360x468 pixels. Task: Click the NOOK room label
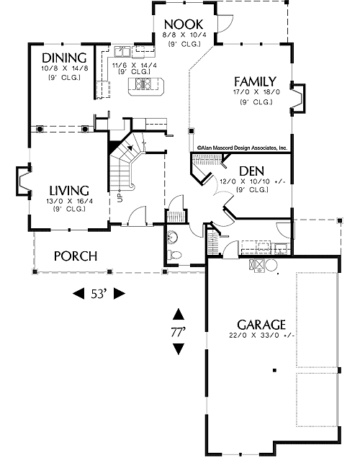click(184, 24)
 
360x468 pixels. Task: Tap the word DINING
click(64, 58)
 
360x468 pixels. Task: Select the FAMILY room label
click(255, 81)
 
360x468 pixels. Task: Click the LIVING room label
click(69, 190)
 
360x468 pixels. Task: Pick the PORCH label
click(76, 256)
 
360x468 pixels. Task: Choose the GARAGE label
click(261, 325)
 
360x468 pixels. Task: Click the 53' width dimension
click(99, 294)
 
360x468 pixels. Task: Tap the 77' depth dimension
click(179, 332)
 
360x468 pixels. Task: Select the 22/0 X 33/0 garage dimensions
click(261, 336)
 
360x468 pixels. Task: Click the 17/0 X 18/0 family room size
click(256, 92)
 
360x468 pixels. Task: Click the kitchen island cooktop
click(144, 84)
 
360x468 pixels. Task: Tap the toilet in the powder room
click(174, 255)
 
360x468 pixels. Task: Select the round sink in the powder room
click(173, 237)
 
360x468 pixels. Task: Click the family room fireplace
click(297, 98)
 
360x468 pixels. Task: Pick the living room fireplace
click(24, 181)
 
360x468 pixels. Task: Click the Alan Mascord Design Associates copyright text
click(242, 148)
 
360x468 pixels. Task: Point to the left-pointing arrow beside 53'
click(78, 293)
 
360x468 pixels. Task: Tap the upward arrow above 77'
click(179, 314)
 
